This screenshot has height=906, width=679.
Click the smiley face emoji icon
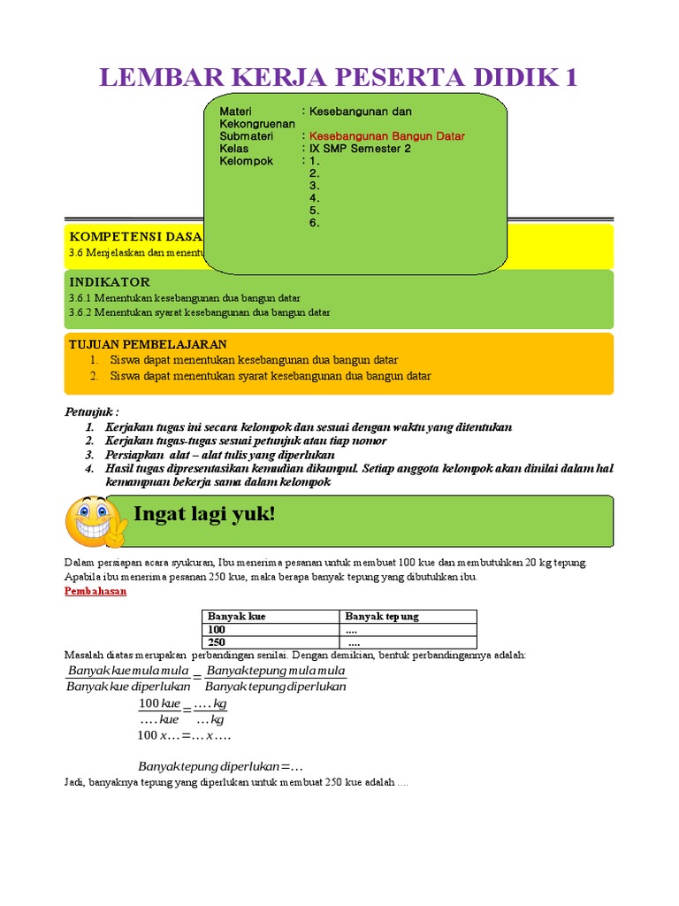96,521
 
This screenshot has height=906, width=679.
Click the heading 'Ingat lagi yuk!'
204,514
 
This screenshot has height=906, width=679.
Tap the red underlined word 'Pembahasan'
95,591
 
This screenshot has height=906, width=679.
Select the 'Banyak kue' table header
237,616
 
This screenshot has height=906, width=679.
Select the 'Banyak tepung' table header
382,616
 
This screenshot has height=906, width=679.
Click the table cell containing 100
217,629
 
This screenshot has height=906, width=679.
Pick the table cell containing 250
217,642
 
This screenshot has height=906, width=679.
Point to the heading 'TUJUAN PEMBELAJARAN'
148,344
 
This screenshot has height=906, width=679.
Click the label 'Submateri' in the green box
247,136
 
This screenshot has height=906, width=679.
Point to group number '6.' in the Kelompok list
314,223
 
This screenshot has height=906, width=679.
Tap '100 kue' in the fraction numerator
159,703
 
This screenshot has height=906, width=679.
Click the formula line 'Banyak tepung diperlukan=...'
215,766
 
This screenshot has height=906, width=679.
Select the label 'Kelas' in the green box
234,149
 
